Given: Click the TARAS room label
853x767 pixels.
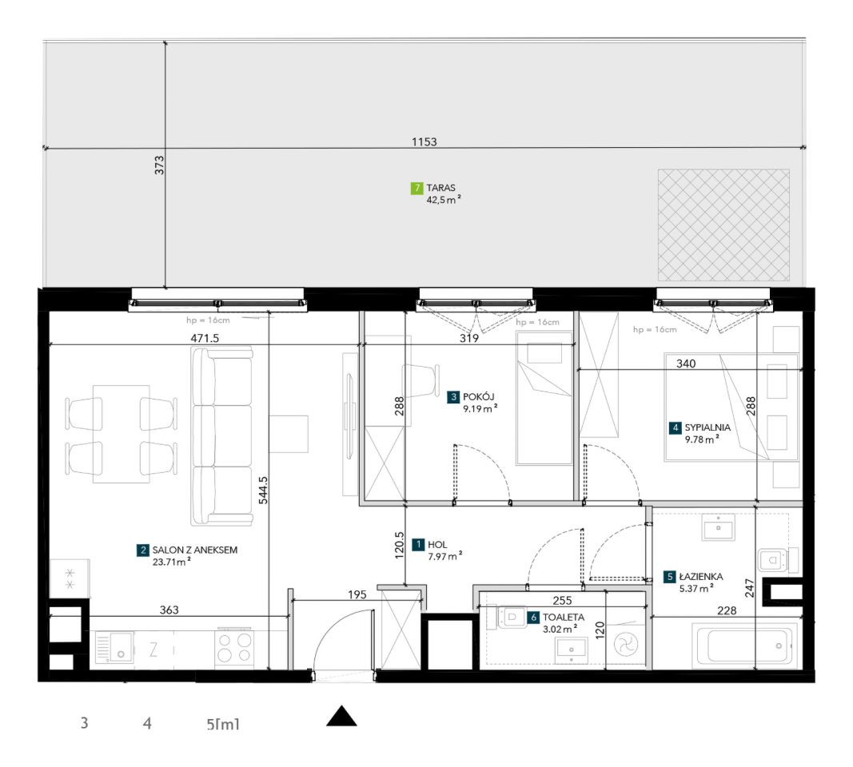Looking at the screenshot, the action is tap(440, 188).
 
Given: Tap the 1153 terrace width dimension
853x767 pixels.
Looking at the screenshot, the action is tap(425, 142).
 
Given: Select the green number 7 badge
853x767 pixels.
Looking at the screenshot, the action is tap(417, 189).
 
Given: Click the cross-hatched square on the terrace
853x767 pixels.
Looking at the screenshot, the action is tap(723, 225).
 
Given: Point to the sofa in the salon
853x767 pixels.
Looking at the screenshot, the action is tap(221, 436).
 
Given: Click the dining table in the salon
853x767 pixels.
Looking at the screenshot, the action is tap(121, 434).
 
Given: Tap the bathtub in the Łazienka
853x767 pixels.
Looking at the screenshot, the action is tap(745, 646).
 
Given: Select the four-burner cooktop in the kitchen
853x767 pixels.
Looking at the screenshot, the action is tap(235, 648).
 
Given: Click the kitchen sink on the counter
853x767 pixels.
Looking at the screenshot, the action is tap(114, 647).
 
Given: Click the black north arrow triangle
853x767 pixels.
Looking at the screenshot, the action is tap(341, 716).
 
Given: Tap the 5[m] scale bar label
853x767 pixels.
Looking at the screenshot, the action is tap(222, 724).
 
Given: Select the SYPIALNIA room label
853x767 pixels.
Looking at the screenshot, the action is tap(708, 427).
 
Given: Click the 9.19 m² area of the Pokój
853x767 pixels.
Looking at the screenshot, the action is tap(480, 409).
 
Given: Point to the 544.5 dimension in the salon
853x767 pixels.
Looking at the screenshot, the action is tap(263, 491).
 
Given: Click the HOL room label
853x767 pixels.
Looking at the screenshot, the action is tap(437, 544).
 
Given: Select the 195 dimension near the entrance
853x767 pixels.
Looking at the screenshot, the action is tap(357, 594).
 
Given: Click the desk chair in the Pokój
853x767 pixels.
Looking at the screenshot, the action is tap(421, 380).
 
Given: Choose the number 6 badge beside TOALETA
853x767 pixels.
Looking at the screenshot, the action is tap(534, 618).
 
